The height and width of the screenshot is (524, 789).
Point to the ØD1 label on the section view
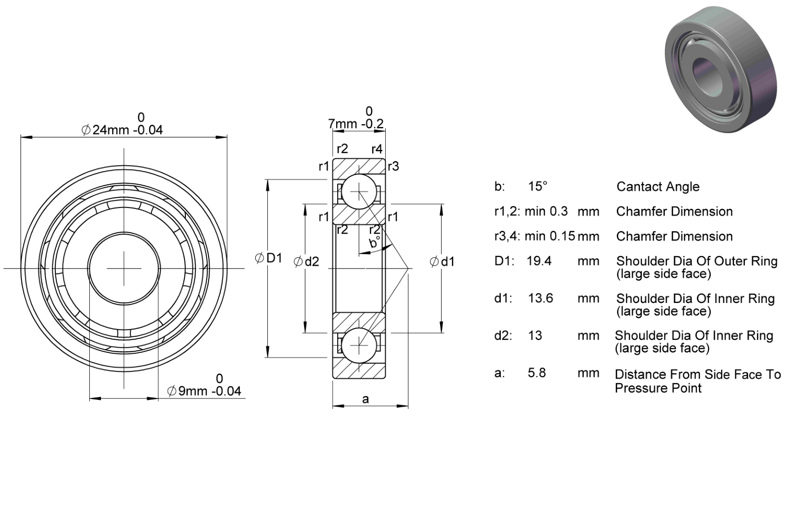click(x=268, y=258)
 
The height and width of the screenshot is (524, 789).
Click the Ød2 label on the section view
click(x=307, y=261)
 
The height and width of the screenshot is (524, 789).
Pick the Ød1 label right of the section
click(x=443, y=261)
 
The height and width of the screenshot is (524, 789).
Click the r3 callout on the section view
click(x=394, y=166)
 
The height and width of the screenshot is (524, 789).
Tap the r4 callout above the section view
click(x=377, y=149)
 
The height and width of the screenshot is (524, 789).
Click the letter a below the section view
click(x=365, y=399)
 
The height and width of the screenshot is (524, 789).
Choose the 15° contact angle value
click(x=538, y=186)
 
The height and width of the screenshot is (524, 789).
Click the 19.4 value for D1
click(x=539, y=261)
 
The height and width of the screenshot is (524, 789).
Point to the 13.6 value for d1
click(x=541, y=298)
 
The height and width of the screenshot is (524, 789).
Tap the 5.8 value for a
click(x=537, y=373)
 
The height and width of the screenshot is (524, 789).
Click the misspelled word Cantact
click(x=636, y=187)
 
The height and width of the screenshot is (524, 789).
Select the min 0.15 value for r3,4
click(x=549, y=236)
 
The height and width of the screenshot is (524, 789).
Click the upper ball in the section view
click(x=359, y=192)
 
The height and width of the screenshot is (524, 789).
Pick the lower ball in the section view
click(x=359, y=346)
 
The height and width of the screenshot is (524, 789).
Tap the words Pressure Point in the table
click(x=658, y=388)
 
